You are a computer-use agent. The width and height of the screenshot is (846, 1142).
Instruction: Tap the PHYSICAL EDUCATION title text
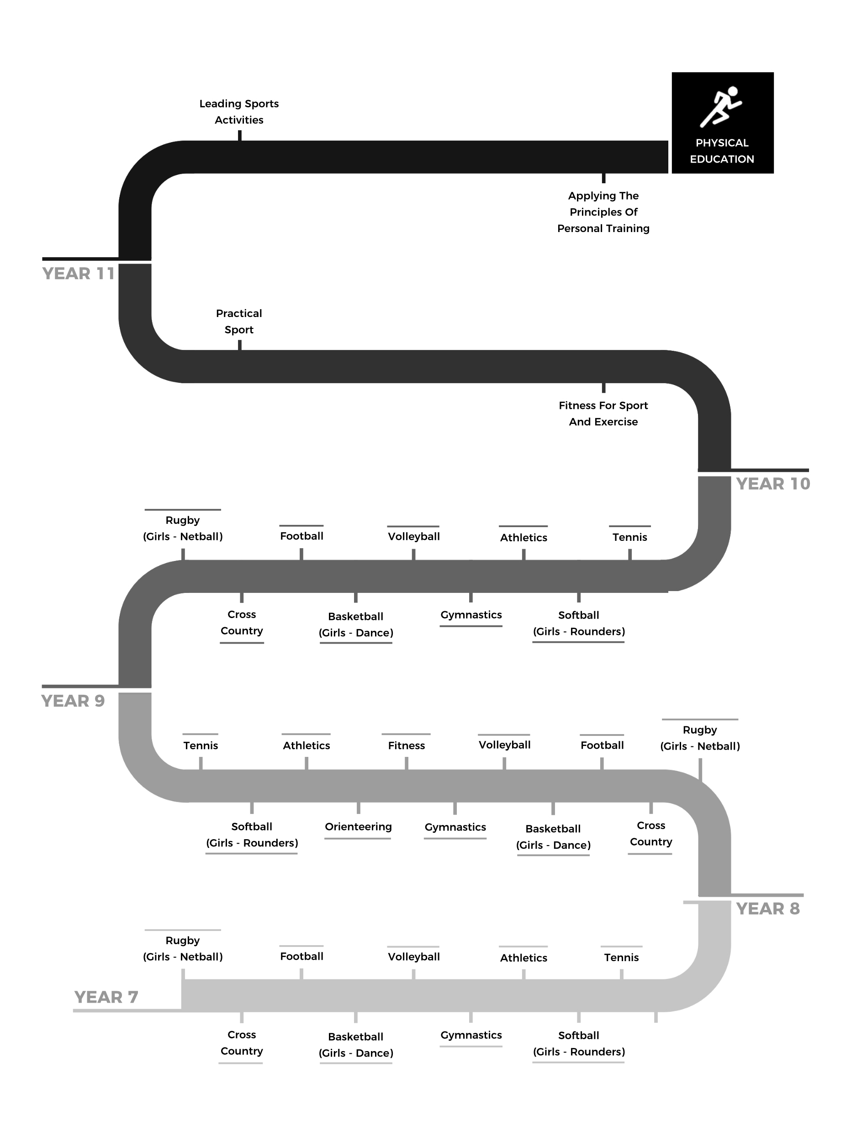click(x=722, y=151)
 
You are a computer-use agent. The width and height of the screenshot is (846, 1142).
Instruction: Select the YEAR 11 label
click(x=79, y=274)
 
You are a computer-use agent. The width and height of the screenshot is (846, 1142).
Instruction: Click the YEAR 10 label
click(x=773, y=483)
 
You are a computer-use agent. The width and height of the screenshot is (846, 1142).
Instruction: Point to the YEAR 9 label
click(x=73, y=701)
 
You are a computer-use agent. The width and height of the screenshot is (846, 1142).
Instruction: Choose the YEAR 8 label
click(x=767, y=909)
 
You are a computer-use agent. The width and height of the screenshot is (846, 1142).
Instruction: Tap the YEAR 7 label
click(x=106, y=997)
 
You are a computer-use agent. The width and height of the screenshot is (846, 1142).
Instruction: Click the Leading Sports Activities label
click(x=239, y=111)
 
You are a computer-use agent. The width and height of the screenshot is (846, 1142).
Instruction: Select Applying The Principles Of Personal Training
click(x=603, y=212)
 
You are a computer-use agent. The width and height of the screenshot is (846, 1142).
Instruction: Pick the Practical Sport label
click(x=239, y=322)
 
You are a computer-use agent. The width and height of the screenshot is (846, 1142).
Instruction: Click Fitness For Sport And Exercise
click(x=603, y=414)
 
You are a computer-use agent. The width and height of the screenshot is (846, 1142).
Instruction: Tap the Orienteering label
click(x=358, y=826)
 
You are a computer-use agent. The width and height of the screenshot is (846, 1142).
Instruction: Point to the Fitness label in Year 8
click(x=406, y=745)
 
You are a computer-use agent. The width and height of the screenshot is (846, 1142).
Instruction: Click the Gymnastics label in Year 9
click(x=471, y=615)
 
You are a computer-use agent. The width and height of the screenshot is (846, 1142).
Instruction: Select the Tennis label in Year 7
click(x=621, y=957)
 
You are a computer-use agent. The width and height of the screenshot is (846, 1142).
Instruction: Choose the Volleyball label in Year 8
click(x=504, y=745)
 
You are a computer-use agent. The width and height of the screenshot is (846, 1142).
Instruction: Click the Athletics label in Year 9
click(x=523, y=538)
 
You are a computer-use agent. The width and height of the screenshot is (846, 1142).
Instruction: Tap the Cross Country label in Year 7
click(x=242, y=1043)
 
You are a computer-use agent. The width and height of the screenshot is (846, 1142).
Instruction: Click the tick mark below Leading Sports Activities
click(x=240, y=135)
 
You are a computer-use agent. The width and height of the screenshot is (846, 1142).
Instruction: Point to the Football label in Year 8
click(x=602, y=745)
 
